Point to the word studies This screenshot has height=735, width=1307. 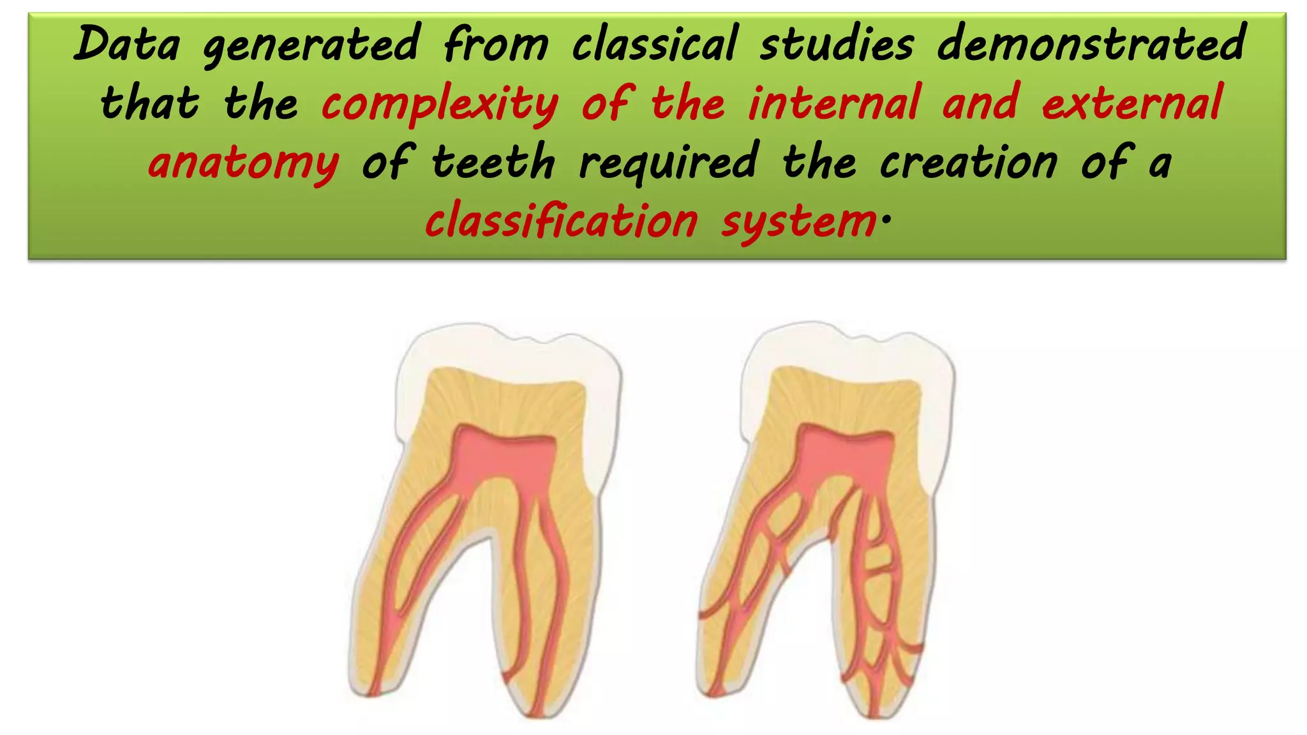click(x=837, y=45)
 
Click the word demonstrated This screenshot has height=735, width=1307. click(x=1091, y=45)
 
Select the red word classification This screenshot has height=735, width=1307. click(x=562, y=221)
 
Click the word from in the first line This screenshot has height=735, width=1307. click(x=496, y=45)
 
